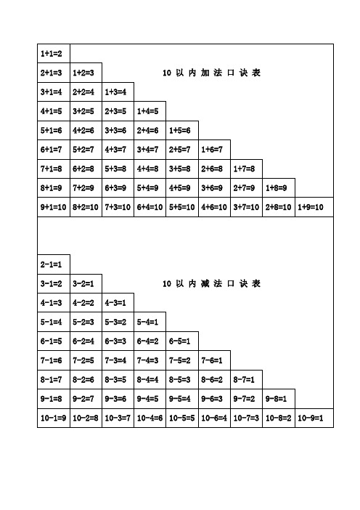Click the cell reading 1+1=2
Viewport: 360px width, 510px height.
point(52,54)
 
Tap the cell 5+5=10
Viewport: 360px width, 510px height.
point(181,207)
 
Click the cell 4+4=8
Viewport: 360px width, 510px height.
point(150,169)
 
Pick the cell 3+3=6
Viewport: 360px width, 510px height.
point(117,131)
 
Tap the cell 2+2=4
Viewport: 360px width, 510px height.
point(85,92)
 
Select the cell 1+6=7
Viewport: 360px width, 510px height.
point(214,150)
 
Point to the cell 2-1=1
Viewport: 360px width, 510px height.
point(52,264)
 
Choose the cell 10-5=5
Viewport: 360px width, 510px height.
point(181,418)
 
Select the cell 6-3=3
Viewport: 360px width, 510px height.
point(117,341)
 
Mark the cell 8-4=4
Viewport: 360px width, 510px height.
point(150,379)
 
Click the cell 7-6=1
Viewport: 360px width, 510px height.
point(214,360)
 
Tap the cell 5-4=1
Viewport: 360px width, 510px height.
point(150,321)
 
